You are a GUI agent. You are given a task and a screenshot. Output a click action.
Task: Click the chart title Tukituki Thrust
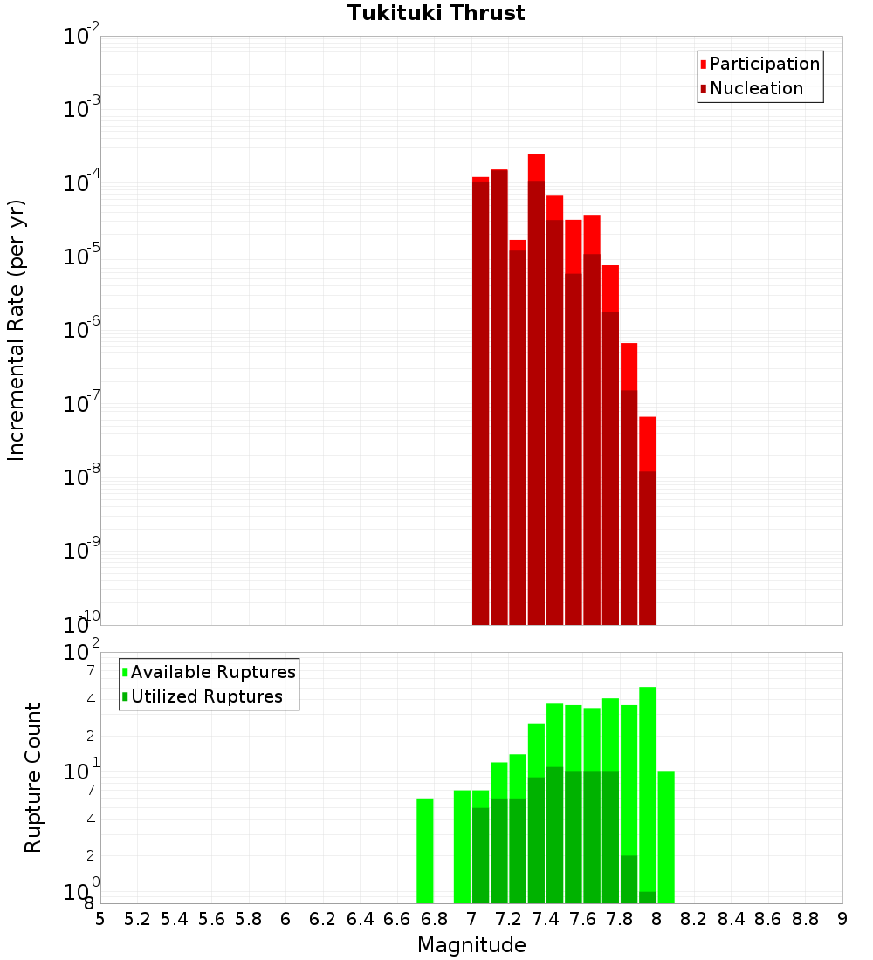436,13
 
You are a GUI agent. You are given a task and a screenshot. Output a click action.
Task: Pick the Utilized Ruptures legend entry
206,696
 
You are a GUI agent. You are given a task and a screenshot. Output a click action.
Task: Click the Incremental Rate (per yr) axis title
17,331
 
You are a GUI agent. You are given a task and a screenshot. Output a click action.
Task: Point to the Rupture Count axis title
33,778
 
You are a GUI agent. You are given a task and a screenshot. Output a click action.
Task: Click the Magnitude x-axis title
471,945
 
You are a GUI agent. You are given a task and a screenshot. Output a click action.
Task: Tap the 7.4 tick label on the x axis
546,919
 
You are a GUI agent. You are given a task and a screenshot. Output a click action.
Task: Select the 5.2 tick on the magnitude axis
137,919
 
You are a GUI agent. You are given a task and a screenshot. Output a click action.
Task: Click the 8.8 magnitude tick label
805,919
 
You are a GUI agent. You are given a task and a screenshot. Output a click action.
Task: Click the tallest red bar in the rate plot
536,349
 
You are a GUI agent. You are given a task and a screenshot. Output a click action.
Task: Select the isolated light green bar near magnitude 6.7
425,851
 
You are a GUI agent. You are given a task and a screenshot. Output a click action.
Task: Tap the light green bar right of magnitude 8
666,838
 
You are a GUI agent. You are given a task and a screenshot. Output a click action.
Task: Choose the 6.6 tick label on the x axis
397,919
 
